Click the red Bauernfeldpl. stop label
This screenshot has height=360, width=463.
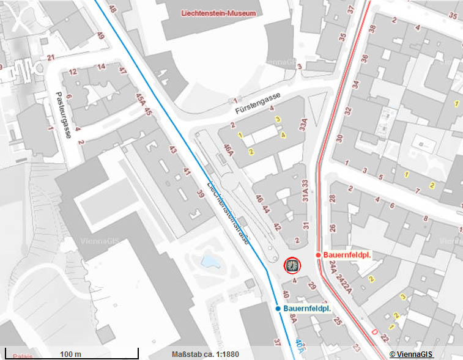pos(349,254)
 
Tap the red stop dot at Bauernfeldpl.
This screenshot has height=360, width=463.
pos(318,254)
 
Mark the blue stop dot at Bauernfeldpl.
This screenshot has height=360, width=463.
pos(278,309)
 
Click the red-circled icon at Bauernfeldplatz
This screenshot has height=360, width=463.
pos(293,265)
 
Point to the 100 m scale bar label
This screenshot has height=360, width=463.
pos(71,354)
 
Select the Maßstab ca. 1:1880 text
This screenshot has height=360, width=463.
pos(206,354)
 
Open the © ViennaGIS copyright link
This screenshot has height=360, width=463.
pos(412,354)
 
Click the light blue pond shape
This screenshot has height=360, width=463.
pos(210,262)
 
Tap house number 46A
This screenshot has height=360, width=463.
pos(229,149)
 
